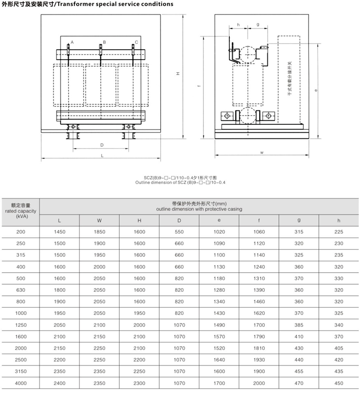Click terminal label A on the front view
click(x=72, y=42)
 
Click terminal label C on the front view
click(x=136, y=42)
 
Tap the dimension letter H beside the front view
click(x=178, y=74)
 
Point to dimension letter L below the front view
click(x=102, y=156)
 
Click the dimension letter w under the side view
click(x=262, y=152)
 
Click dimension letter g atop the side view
click(x=257, y=24)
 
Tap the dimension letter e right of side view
click(x=315, y=91)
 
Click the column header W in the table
click(x=99, y=220)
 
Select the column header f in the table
click(x=259, y=220)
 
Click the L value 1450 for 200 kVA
click(x=59, y=232)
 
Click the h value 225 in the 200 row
click(x=338, y=232)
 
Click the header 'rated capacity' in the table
click(x=21, y=211)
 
